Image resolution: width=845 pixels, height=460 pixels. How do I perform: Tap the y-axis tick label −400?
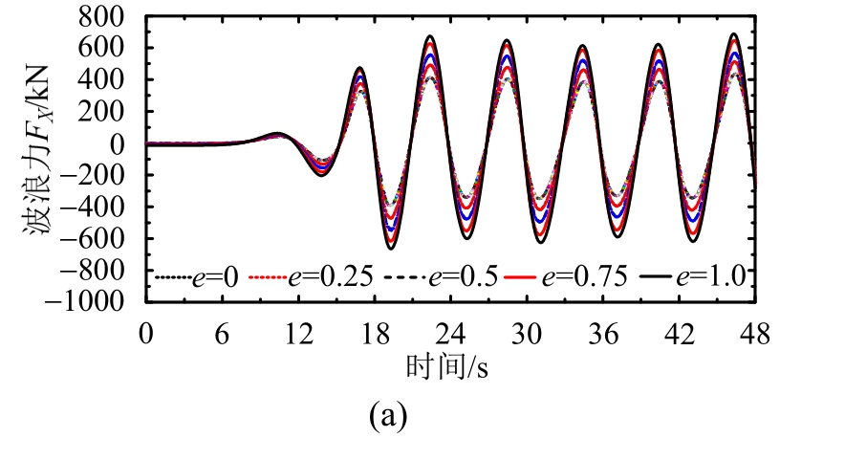[103, 207]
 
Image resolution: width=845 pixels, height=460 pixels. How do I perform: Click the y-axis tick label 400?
[111, 80]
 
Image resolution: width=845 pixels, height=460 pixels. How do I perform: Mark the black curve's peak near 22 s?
[431, 36]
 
